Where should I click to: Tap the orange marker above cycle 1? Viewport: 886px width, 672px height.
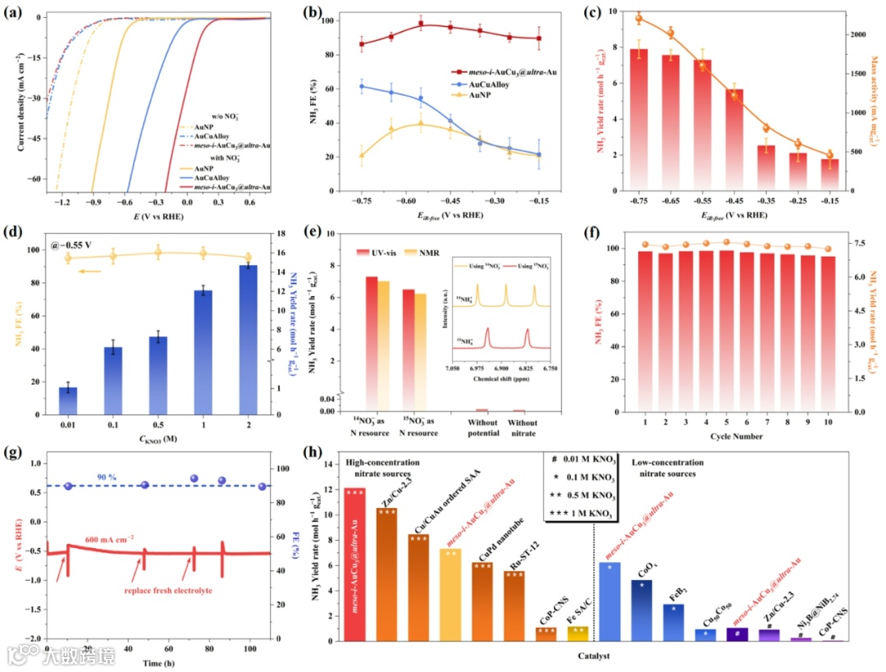pos(646,245)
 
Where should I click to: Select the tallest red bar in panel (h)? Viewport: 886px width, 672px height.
pos(355,565)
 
